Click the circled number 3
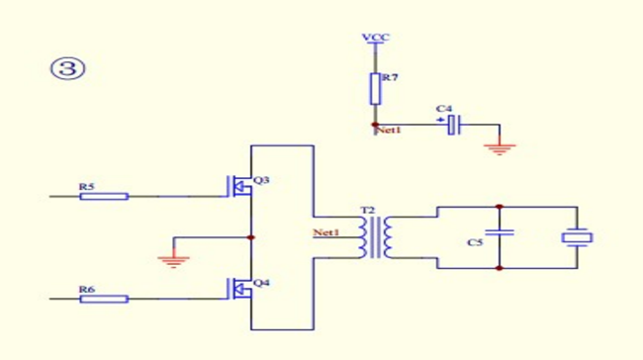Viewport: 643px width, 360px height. coord(68,68)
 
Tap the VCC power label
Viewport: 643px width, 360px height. coord(375,38)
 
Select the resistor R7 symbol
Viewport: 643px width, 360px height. coord(375,89)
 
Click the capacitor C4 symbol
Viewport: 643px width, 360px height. coord(453,125)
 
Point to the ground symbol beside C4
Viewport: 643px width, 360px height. coord(500,148)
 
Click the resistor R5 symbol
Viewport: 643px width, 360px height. coord(104,197)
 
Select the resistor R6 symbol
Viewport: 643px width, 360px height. coord(104,299)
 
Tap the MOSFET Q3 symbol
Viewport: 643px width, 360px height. coord(239,187)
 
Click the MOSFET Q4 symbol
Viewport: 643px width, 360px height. coord(239,289)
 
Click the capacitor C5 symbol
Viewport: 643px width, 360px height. coord(500,232)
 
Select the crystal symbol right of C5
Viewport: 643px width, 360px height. coord(577,237)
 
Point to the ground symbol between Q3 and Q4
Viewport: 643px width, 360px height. coord(173,261)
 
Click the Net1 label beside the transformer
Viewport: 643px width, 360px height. coord(326,232)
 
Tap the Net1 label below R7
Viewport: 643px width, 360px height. coord(389,131)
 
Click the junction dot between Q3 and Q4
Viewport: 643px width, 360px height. coord(251,237)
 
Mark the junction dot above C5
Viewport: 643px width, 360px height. coord(499,207)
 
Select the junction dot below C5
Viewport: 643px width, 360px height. coord(499,268)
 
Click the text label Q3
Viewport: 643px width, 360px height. coord(261,180)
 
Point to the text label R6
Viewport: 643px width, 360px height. coord(87,289)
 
